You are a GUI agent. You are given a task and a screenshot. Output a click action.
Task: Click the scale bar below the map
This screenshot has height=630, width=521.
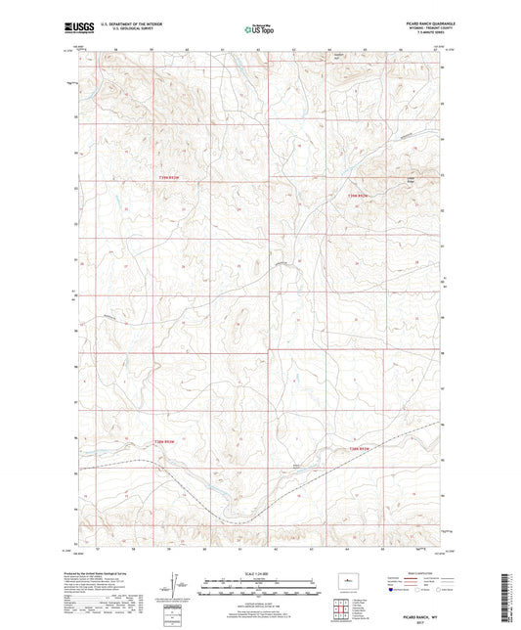tap(259, 587)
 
